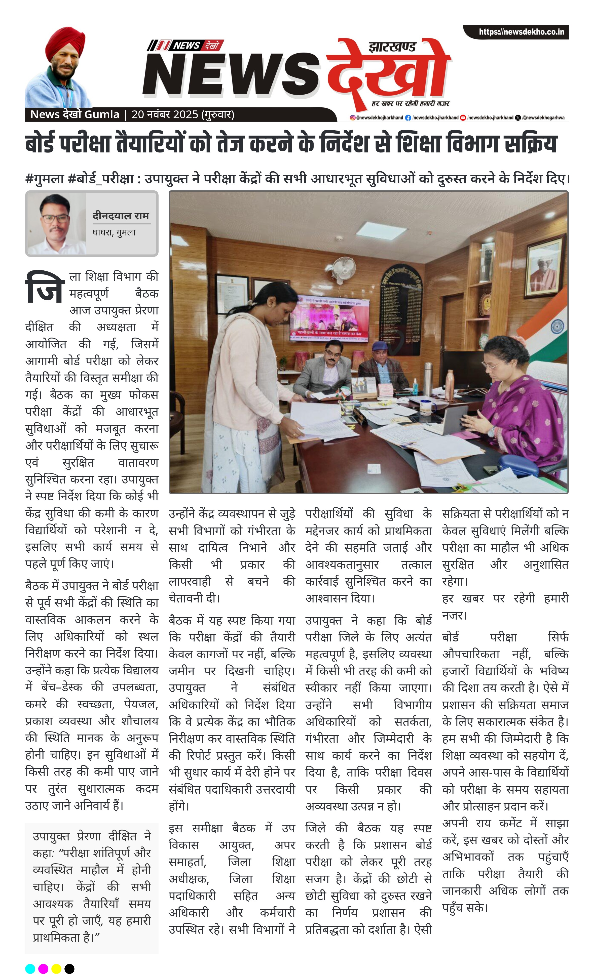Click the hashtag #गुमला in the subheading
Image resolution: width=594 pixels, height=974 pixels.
point(44,179)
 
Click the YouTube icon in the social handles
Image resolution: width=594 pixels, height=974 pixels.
point(463,118)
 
